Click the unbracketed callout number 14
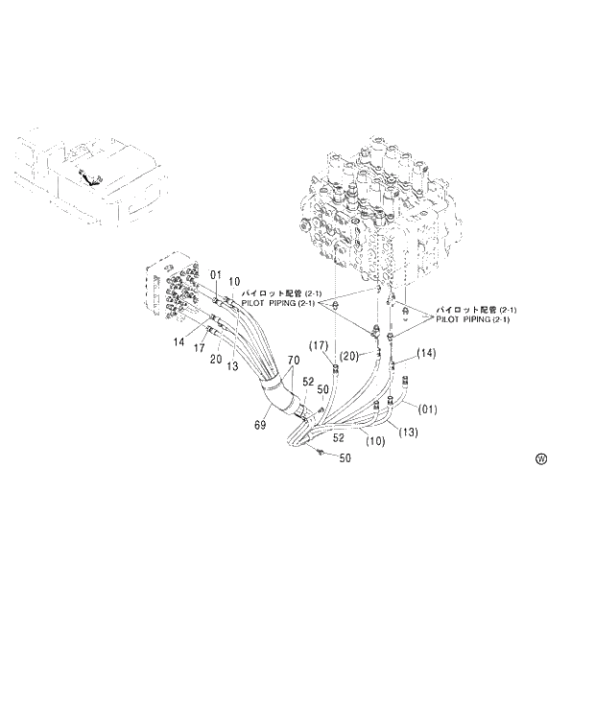[x=178, y=341]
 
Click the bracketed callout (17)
[x=320, y=345]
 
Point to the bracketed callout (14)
[x=425, y=353]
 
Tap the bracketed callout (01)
[x=428, y=409]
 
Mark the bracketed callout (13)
[x=408, y=432]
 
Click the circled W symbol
[x=541, y=458]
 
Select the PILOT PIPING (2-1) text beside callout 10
[x=280, y=303]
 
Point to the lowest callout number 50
[x=345, y=458]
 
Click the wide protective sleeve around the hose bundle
[x=278, y=393]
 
